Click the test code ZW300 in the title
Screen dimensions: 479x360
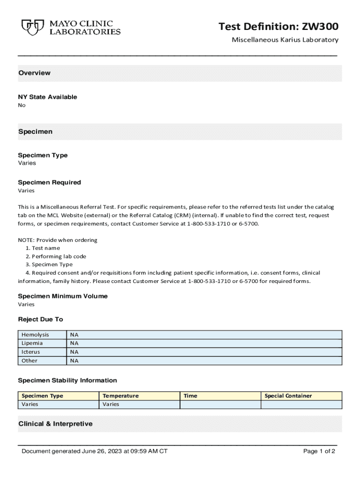coord(319,27)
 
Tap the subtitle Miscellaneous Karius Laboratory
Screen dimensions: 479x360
coord(285,40)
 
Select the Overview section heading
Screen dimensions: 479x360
coord(34,73)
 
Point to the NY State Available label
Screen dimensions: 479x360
coord(47,97)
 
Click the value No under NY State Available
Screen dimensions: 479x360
coord(22,105)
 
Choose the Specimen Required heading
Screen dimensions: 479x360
coord(49,182)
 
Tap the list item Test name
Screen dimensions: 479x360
coord(43,248)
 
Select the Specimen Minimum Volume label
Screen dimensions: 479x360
coord(63,296)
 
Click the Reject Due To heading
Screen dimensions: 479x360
coord(40,319)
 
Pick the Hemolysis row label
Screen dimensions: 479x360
coord(35,334)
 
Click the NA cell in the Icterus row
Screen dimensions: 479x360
coord(74,352)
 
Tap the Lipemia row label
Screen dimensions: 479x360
coord(32,343)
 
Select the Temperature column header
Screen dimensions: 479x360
coord(121,396)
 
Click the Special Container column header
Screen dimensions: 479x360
coord(288,396)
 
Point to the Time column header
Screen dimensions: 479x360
coord(190,396)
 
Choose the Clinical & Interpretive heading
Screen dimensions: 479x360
coord(55,424)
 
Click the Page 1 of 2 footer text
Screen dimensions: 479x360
coord(319,451)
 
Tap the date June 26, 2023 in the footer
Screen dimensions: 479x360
coord(103,451)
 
